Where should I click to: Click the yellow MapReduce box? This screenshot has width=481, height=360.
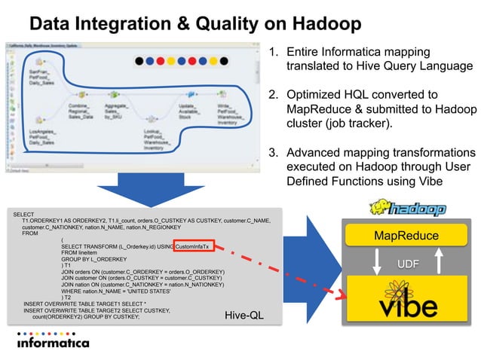point(407,236)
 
